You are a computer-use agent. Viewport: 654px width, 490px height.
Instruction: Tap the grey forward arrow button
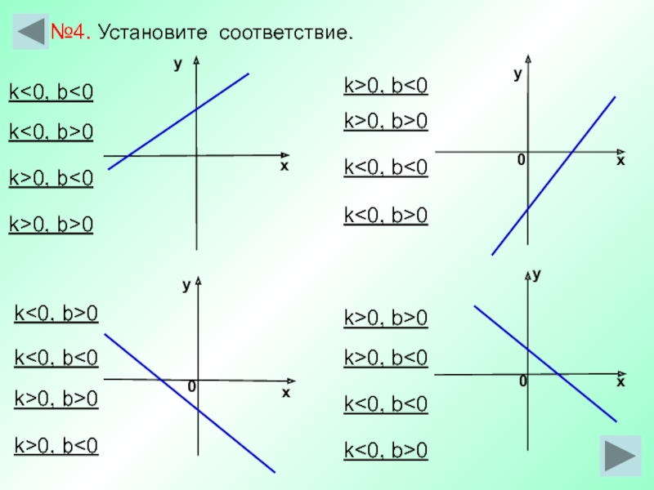pos(619,456)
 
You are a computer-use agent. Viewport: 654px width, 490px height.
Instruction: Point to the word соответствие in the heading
pos(282,33)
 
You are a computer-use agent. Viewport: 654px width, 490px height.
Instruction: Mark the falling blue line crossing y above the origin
pos(572,387)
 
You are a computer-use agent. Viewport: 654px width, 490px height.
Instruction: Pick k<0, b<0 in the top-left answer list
pos(51,92)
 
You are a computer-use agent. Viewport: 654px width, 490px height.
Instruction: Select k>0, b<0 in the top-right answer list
pos(386,86)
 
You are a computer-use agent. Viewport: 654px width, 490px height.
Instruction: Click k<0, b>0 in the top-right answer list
pos(386,215)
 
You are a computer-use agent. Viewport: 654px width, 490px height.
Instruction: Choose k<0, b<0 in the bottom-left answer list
pos(56,357)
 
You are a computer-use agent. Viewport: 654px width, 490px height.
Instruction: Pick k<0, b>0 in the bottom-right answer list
pos(386,449)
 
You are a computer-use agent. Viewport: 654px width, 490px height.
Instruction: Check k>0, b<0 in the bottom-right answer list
pos(386,357)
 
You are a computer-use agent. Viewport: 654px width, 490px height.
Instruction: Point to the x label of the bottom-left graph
pos(286,393)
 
